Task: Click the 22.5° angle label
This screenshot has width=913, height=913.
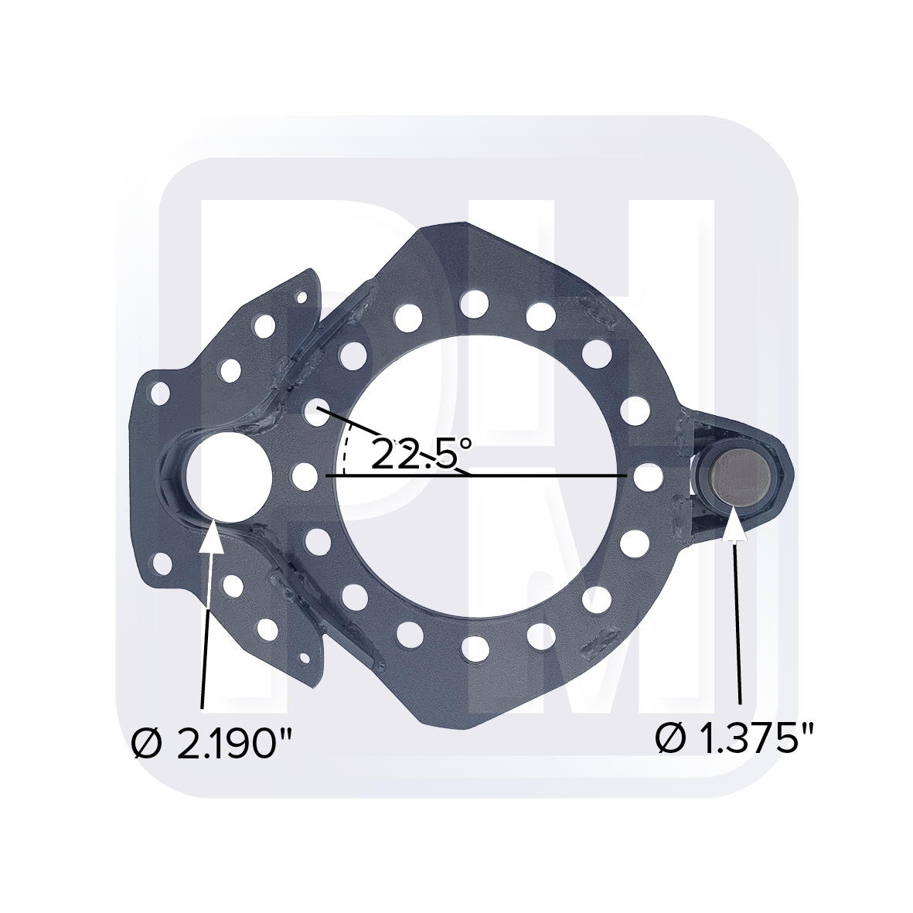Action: pos(421,453)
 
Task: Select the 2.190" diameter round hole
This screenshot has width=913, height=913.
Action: pos(229,475)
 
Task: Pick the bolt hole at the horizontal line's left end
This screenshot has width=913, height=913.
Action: pos(307,475)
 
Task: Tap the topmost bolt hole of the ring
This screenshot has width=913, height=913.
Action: pos(474,303)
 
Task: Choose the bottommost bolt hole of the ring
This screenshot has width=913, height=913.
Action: pos(474,647)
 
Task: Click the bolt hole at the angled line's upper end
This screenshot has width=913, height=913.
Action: pos(319,410)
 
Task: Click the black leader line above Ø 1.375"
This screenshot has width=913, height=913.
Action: pos(739,618)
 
